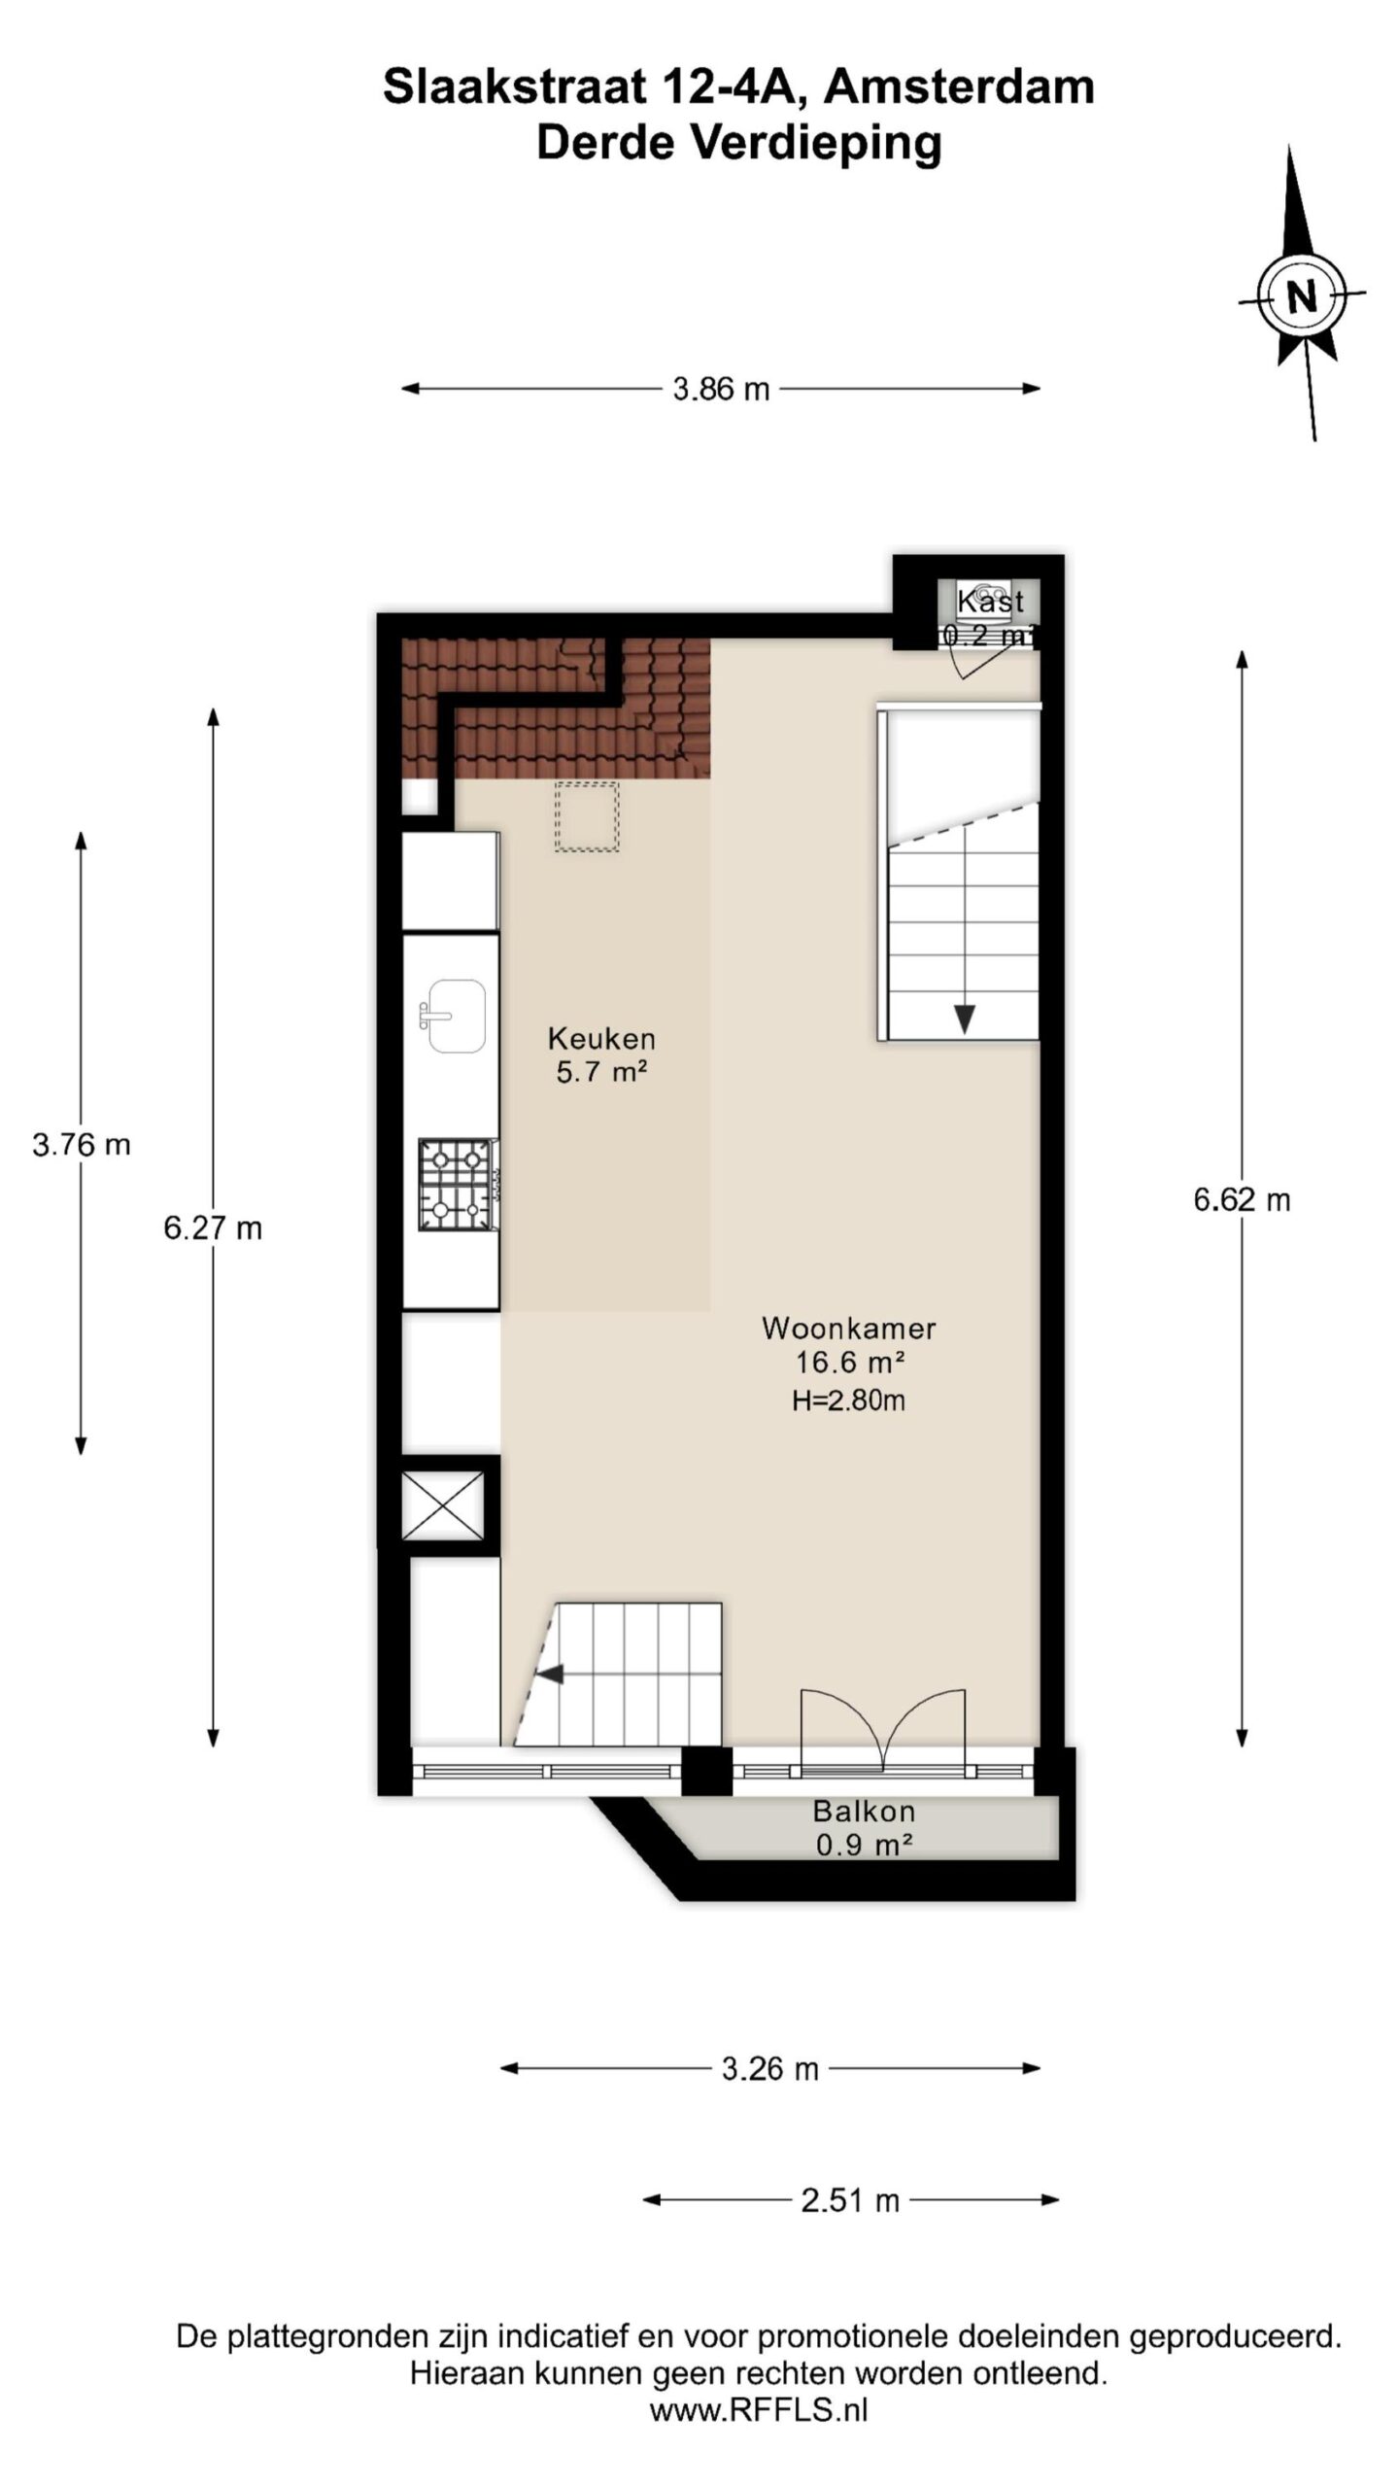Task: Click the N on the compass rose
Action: (x=1302, y=294)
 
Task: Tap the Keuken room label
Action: (x=601, y=1038)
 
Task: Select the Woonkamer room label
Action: (x=849, y=1328)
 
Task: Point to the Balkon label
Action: (x=864, y=1811)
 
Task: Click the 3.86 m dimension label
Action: (x=721, y=390)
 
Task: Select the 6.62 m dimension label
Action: (x=1242, y=1200)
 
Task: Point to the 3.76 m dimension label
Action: (x=82, y=1145)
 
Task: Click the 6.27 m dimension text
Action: (x=213, y=1228)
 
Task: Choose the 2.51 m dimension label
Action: (x=850, y=2200)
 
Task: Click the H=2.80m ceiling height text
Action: (x=849, y=1399)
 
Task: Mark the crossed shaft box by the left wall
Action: (x=443, y=1506)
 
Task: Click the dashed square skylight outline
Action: (x=587, y=817)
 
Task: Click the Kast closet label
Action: (x=991, y=601)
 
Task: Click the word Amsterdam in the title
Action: (x=959, y=86)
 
